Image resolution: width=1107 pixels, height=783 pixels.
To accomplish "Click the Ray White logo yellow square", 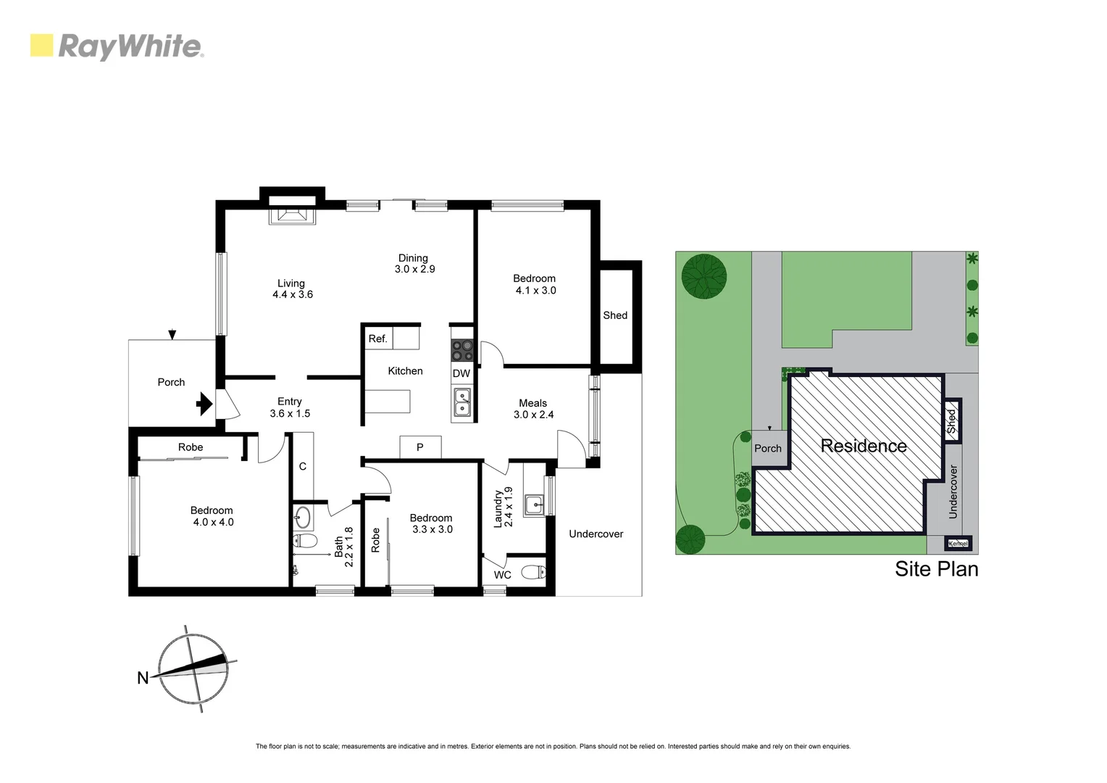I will click(x=41, y=45).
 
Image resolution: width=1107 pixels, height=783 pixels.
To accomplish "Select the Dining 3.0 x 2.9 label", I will click(x=414, y=263).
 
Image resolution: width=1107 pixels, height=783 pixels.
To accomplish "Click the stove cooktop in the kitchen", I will click(x=462, y=351).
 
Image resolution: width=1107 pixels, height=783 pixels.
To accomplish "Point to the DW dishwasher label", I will click(x=461, y=373).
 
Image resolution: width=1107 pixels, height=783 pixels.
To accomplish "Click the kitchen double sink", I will click(x=461, y=402).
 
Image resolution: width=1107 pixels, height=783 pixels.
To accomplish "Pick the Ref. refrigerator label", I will click(x=377, y=339).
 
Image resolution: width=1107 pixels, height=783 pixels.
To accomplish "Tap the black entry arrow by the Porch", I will click(x=205, y=403).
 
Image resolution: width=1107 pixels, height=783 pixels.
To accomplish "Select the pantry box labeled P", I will click(x=419, y=447).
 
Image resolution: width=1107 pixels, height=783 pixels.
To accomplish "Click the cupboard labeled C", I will click(x=303, y=466).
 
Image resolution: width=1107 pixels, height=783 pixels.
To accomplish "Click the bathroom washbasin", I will click(x=303, y=517).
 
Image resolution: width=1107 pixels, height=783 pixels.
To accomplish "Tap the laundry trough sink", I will click(x=534, y=502).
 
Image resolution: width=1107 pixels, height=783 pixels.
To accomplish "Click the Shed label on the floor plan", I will click(x=615, y=315).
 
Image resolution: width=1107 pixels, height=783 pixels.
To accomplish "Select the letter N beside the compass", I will click(x=143, y=679).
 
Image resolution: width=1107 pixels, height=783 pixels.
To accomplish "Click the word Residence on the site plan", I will click(x=864, y=446).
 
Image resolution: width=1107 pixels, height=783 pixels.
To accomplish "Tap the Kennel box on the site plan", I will click(x=957, y=544).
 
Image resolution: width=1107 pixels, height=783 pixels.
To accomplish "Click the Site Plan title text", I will click(x=936, y=569).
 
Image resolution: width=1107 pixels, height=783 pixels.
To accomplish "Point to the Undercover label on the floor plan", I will click(x=596, y=534).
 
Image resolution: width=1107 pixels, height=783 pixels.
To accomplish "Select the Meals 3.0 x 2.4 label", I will click(x=533, y=409).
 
